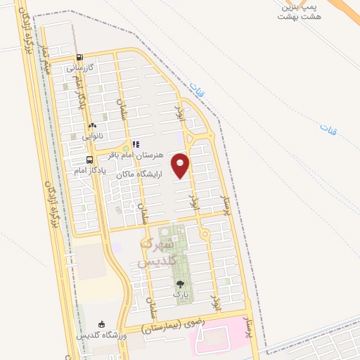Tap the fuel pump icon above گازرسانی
click(79, 58)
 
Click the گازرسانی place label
click(80, 69)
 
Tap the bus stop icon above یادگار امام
click(89, 160)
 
